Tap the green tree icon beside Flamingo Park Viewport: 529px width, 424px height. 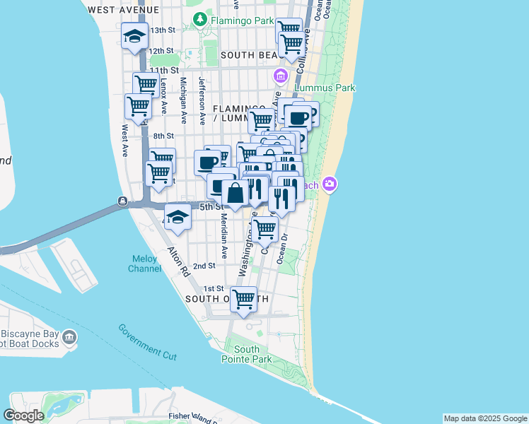[x=202, y=20]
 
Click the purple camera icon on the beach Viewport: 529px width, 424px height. [x=329, y=184]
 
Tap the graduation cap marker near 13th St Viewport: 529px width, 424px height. [x=134, y=36]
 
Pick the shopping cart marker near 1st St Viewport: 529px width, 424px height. [x=243, y=298]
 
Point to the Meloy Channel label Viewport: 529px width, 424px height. [x=144, y=264]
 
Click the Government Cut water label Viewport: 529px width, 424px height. [x=147, y=342]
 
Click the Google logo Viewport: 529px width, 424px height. [x=23, y=416]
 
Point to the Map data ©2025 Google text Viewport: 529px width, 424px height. [x=484, y=418]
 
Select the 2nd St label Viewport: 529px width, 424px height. [x=204, y=266]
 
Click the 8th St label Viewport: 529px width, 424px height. [x=163, y=136]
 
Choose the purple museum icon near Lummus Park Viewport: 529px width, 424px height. [x=280, y=76]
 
